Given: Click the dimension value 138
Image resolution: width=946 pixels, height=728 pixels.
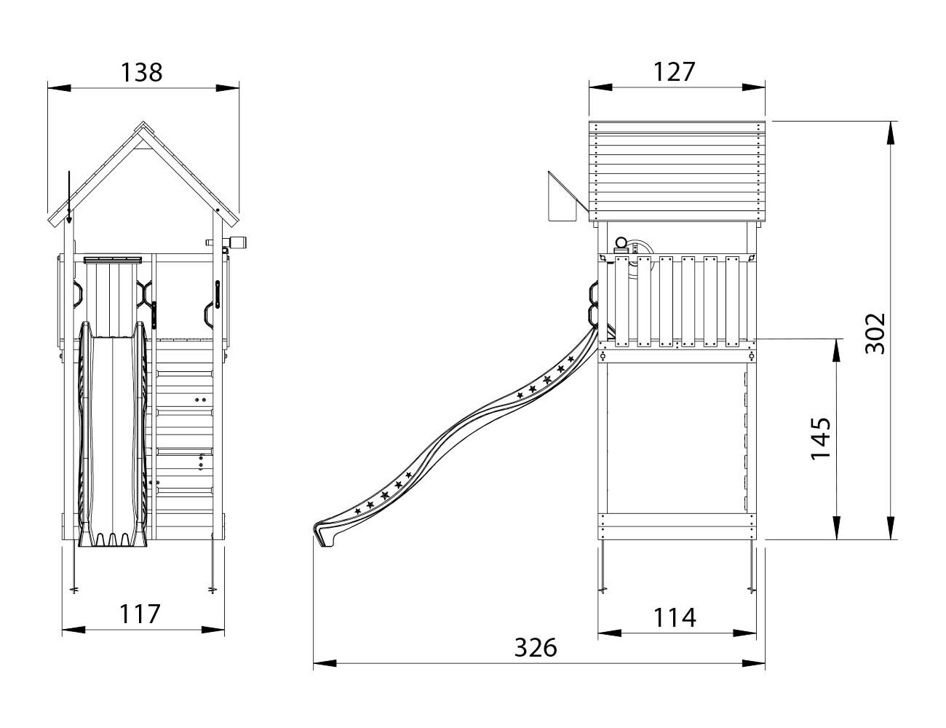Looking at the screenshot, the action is (141, 73).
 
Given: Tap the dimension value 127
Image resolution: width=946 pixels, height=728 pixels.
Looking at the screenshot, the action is (675, 72).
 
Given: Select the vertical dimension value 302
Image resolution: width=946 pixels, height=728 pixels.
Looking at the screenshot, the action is (875, 333).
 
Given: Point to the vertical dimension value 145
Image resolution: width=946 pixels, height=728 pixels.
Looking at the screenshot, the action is (821, 438).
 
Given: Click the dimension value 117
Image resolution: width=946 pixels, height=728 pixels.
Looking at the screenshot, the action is (140, 614).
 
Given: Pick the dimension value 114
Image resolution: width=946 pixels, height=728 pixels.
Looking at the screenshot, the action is (675, 617).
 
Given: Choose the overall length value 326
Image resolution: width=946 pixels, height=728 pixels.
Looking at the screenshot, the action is (536, 647).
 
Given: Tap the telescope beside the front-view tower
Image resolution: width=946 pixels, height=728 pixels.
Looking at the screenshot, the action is (226, 242).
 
